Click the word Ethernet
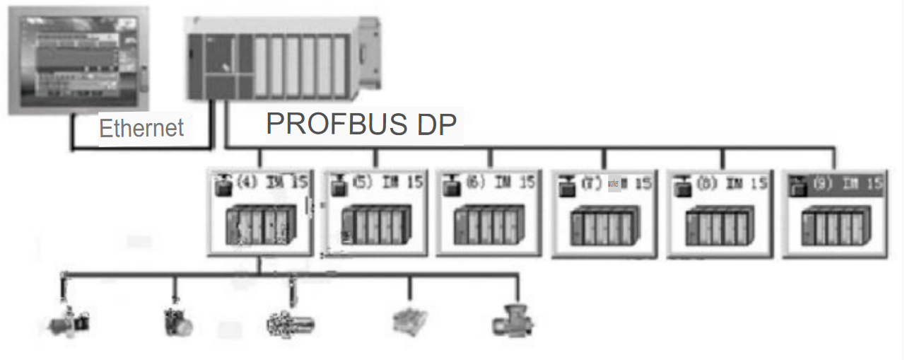coord(141,128)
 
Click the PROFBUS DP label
coord(361,124)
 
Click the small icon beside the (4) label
coord(224,185)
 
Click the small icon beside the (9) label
coord(800,186)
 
